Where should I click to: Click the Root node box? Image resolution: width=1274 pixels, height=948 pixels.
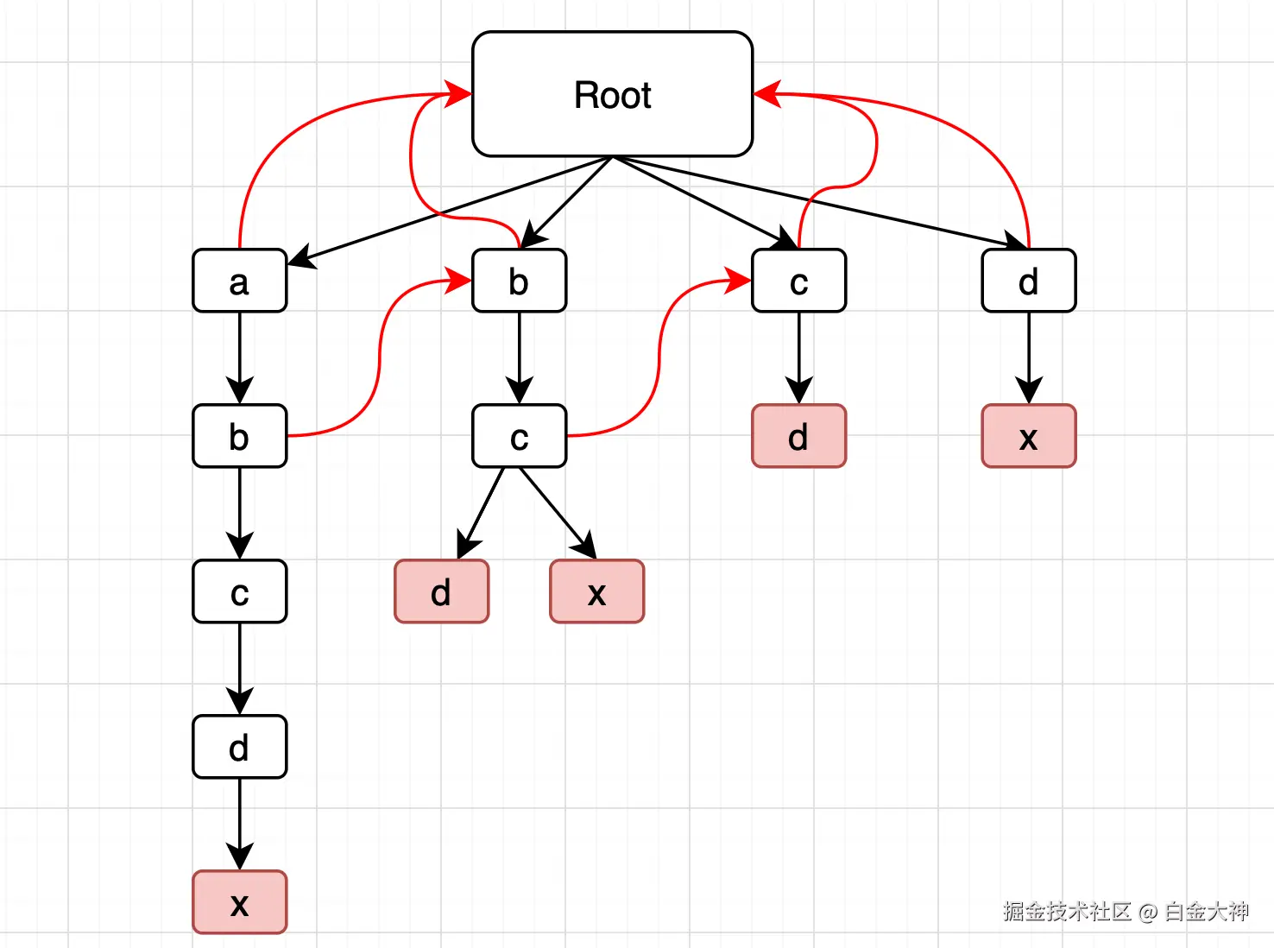[x=612, y=93]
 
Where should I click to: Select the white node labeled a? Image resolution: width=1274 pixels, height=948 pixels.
[x=239, y=281]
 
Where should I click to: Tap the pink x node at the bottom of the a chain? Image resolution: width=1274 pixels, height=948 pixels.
[x=239, y=902]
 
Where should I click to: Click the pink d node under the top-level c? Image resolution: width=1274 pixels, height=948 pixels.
[x=799, y=435]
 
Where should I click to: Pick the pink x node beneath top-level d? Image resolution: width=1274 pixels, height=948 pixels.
[x=1029, y=435]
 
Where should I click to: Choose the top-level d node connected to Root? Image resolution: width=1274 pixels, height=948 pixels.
[x=1029, y=281]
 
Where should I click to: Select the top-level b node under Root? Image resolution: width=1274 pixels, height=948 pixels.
[x=520, y=281]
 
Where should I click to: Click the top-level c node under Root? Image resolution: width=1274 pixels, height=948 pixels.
[x=799, y=281]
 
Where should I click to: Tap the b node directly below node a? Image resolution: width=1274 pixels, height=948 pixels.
[x=239, y=435]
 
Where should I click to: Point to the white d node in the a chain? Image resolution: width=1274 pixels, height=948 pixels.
[x=239, y=746]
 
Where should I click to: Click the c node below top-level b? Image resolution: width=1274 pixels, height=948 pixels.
[x=520, y=435]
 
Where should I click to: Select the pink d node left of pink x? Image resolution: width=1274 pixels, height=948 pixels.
[x=442, y=591]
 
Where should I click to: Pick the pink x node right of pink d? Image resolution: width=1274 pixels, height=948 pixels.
[x=596, y=591]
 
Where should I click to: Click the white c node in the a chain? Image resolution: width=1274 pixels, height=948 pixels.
[x=239, y=591]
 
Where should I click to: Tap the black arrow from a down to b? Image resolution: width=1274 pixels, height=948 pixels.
[x=239, y=358]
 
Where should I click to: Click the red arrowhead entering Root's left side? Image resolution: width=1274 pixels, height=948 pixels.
[x=458, y=93]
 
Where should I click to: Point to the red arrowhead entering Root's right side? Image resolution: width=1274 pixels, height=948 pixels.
[x=767, y=93]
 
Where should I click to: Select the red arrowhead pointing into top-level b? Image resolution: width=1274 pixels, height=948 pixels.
[x=458, y=281]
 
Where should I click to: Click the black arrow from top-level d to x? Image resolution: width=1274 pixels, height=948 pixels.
[x=1029, y=358]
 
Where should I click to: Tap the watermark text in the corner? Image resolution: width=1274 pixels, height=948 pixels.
[x=1126, y=912]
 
